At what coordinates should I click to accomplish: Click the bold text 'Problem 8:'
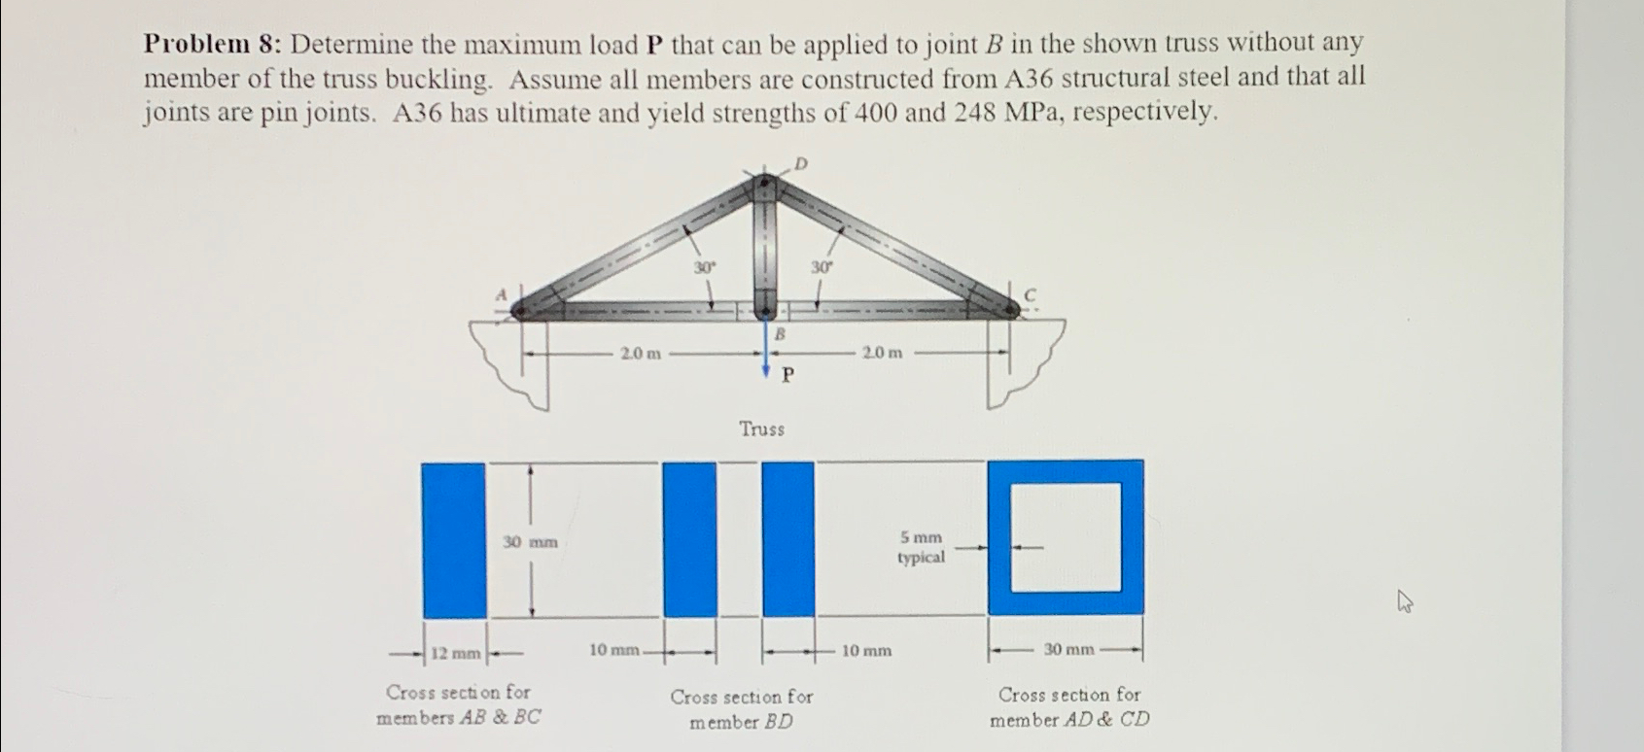[x=213, y=45]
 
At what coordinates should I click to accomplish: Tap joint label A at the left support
[x=502, y=293]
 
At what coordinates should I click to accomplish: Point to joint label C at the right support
[x=1031, y=293]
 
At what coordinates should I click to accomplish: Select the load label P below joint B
[x=788, y=376]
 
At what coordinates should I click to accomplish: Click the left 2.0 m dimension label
[x=640, y=354]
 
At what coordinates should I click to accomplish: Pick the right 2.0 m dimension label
[x=881, y=354]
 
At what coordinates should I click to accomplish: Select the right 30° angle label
[x=822, y=266]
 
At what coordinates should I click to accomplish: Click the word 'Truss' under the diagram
[x=761, y=428]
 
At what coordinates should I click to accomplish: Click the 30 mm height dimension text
[x=530, y=542]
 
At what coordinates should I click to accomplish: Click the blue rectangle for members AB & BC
[x=453, y=539]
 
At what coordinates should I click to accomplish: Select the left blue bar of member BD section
[x=689, y=539]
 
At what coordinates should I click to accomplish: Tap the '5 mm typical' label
[x=921, y=547]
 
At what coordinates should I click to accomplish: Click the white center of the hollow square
[x=1066, y=537]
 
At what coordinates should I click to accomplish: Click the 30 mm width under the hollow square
[x=1068, y=649]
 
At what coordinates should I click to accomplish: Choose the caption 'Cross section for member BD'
[x=741, y=709]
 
